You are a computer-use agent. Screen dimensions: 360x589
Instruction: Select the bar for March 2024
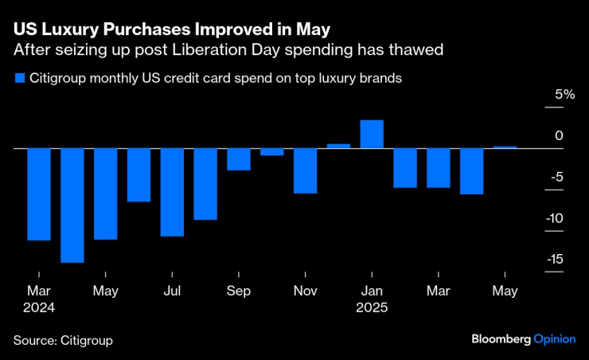39,194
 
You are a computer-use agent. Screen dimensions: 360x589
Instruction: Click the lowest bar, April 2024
72,205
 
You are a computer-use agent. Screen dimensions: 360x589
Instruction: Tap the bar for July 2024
172,192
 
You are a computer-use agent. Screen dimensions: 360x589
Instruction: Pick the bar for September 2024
239,159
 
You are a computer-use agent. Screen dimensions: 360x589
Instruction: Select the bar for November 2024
305,170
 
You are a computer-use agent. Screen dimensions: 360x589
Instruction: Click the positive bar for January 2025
372,134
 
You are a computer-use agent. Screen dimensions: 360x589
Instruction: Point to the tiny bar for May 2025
505,147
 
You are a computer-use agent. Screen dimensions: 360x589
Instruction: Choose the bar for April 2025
471,171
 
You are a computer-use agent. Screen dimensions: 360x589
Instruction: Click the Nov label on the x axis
305,292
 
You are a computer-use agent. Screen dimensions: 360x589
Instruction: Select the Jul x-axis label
172,292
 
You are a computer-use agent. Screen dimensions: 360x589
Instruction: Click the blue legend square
18,79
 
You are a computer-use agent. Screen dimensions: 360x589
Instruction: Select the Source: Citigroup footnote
63,340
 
